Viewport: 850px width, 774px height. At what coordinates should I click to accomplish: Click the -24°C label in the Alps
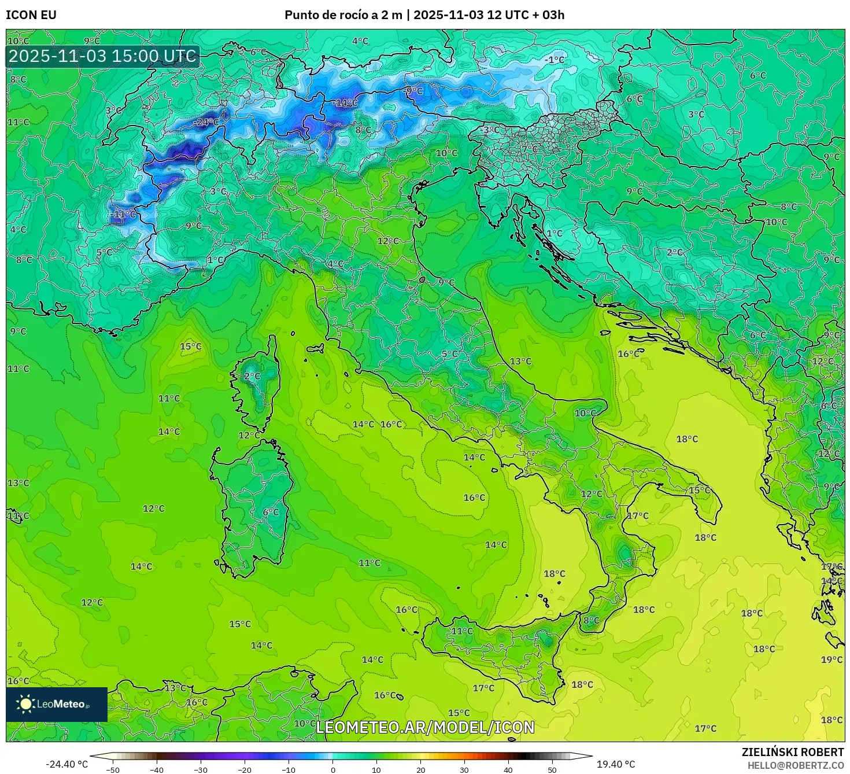[x=206, y=122]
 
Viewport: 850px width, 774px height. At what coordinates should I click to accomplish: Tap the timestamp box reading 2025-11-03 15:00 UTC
[x=103, y=56]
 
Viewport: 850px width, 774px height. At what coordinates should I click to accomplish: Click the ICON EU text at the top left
[x=31, y=15]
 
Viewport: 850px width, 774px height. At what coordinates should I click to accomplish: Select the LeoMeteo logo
[x=57, y=704]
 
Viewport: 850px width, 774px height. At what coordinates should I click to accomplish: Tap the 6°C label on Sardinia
[x=271, y=513]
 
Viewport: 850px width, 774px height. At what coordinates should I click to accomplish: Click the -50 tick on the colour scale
[x=113, y=770]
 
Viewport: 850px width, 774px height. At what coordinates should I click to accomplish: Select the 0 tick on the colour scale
[x=332, y=770]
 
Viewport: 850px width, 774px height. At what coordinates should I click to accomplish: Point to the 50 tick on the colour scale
[x=552, y=770]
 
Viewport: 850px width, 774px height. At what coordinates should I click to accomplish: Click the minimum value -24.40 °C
[x=67, y=764]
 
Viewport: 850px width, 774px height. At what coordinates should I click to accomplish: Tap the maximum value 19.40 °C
[x=616, y=764]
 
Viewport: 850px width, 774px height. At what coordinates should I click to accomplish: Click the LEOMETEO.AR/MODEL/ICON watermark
[x=425, y=727]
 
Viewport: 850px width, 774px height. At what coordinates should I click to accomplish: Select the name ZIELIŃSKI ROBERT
[x=793, y=752]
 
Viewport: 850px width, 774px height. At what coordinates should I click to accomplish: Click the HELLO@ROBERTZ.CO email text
[x=795, y=765]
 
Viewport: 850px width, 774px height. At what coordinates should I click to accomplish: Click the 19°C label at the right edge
[x=831, y=659]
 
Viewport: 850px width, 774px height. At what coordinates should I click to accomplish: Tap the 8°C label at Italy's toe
[x=591, y=621]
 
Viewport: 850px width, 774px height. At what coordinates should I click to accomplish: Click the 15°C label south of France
[x=191, y=347]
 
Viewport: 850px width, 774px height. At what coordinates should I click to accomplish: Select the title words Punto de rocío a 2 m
[x=343, y=15]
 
